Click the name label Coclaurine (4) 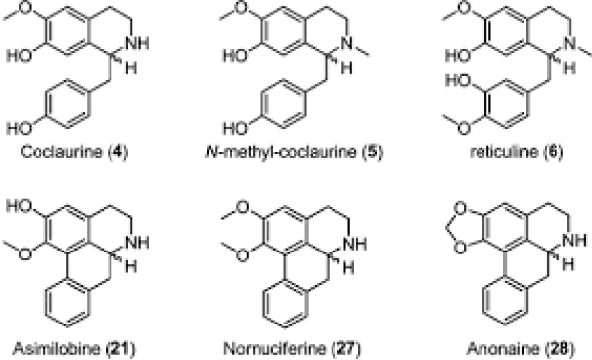(x=74, y=152)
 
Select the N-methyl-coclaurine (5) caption (x=294, y=152)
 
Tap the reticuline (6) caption (x=516, y=152)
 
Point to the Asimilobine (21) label (x=74, y=348)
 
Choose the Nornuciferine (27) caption (x=292, y=348)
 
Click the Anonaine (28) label (x=521, y=348)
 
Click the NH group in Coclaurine (x=137, y=43)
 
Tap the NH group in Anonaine (x=574, y=240)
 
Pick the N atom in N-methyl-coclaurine (x=347, y=43)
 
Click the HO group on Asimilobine (x=19, y=206)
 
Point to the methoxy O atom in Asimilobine (x=24, y=253)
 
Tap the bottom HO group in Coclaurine (x=19, y=129)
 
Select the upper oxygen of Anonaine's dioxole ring (x=460, y=209)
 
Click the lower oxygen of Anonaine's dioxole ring (x=460, y=248)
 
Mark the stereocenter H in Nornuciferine (x=348, y=268)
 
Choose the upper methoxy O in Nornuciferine (x=242, y=207)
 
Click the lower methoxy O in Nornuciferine (x=242, y=255)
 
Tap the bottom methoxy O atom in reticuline (x=464, y=128)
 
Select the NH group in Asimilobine (x=137, y=242)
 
